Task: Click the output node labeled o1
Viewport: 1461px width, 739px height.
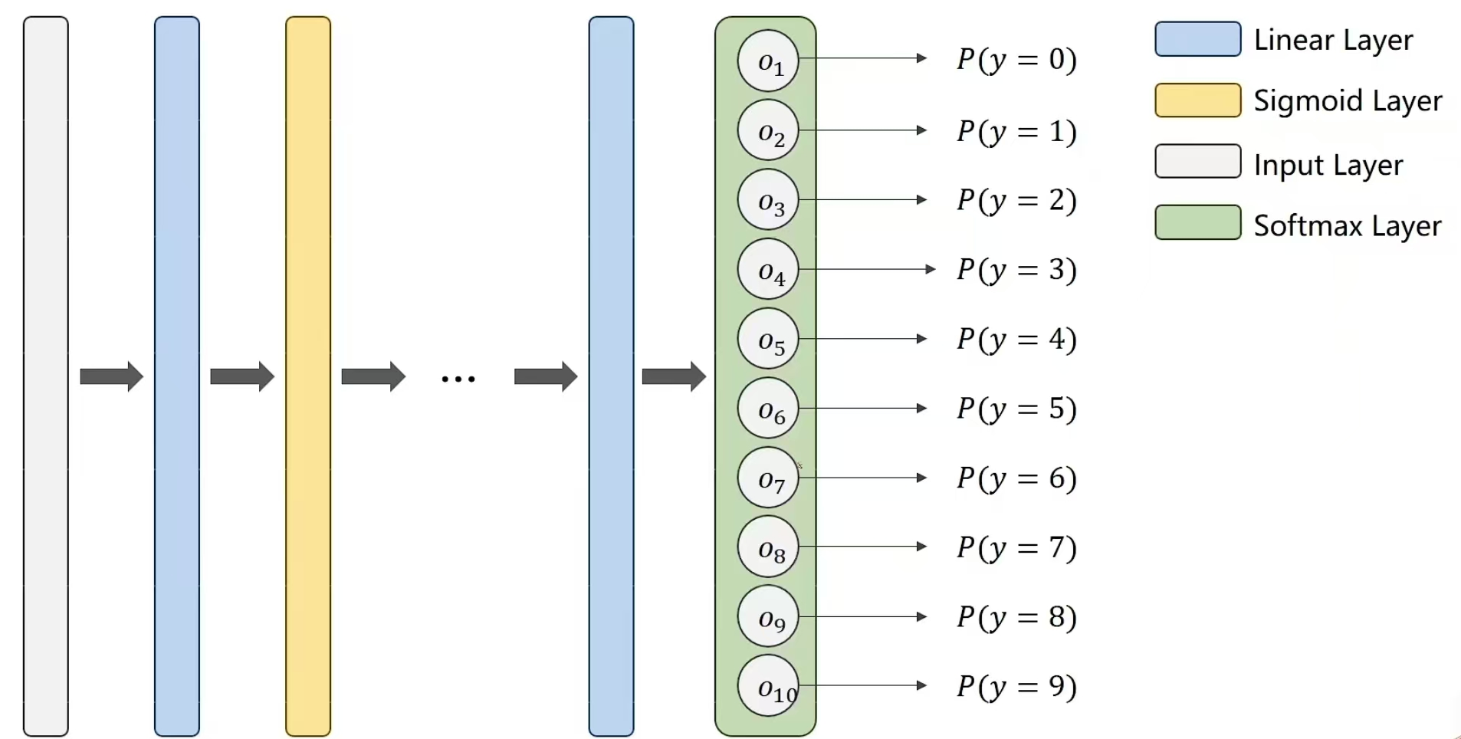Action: pyautogui.click(x=768, y=61)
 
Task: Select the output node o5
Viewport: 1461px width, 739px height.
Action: pyautogui.click(x=768, y=339)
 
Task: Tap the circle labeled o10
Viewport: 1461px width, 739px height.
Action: pyautogui.click(x=768, y=686)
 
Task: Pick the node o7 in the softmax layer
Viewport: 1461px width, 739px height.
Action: pyautogui.click(x=768, y=478)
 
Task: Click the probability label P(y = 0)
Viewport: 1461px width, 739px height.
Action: pyautogui.click(x=1016, y=59)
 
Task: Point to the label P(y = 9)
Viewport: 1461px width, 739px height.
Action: pyautogui.click(x=1016, y=686)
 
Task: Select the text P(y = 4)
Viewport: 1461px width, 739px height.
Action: pyautogui.click(x=1016, y=339)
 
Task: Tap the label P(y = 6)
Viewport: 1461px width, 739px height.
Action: pyautogui.click(x=1016, y=478)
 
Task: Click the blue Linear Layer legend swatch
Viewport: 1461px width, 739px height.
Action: pyautogui.click(x=1197, y=39)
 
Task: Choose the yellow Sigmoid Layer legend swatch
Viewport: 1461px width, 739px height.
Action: pyautogui.click(x=1197, y=100)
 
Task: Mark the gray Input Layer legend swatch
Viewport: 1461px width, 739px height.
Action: pyautogui.click(x=1197, y=161)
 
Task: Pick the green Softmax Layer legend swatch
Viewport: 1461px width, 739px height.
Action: pyautogui.click(x=1197, y=222)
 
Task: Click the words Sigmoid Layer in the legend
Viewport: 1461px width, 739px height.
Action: pyautogui.click(x=1348, y=101)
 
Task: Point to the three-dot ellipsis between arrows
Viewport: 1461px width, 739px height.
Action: pyautogui.click(x=458, y=379)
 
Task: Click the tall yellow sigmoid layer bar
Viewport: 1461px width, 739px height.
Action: pyautogui.click(x=308, y=376)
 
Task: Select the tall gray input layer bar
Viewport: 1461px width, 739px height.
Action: pyautogui.click(x=46, y=376)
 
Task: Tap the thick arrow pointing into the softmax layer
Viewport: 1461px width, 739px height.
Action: pyautogui.click(x=673, y=376)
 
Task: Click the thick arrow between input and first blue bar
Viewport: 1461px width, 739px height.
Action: pyautogui.click(x=111, y=376)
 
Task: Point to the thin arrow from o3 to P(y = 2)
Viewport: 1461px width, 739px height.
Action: pyautogui.click(x=862, y=200)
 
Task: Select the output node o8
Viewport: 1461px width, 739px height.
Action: pyautogui.click(x=768, y=547)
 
